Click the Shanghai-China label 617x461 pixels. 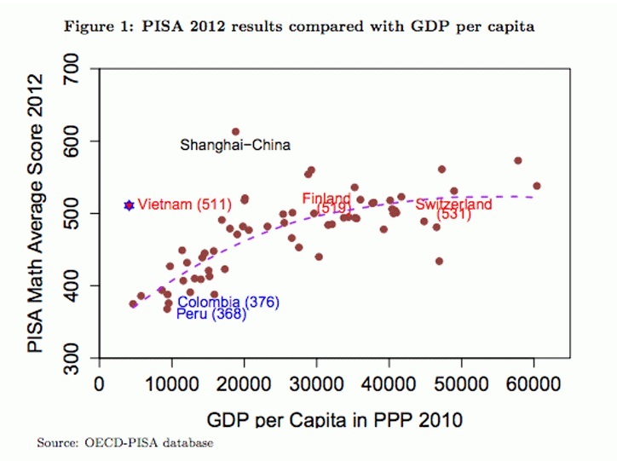click(x=235, y=146)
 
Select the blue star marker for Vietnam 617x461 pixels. click(x=129, y=205)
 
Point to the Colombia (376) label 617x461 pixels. click(x=228, y=303)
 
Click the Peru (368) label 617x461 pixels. click(x=211, y=314)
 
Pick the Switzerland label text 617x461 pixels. click(x=453, y=205)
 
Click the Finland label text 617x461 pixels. click(x=326, y=199)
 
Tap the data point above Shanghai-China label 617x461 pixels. click(x=235, y=132)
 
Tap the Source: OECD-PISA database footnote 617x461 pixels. click(x=124, y=444)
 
